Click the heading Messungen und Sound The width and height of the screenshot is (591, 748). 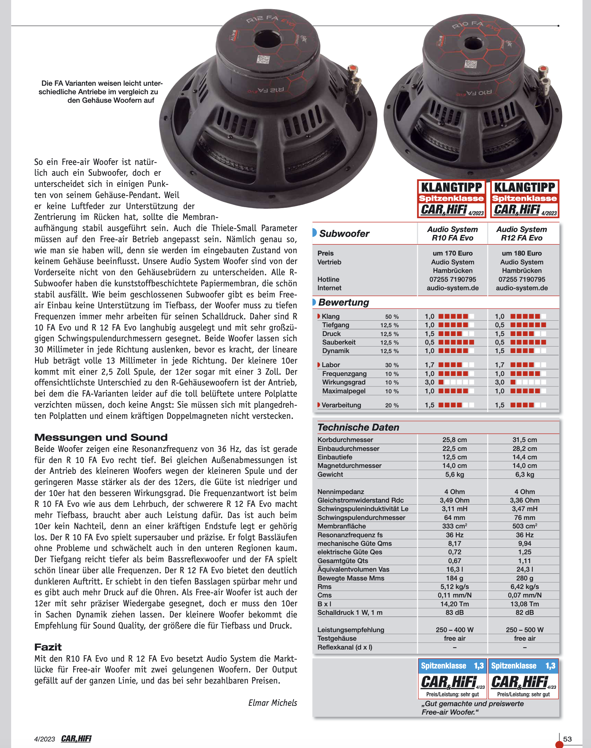coord(101,437)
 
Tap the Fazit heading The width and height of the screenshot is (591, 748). coord(48,647)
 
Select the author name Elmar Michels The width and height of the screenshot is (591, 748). coord(272,703)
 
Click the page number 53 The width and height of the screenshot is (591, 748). coord(567,739)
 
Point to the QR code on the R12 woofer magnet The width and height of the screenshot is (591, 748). coord(263,60)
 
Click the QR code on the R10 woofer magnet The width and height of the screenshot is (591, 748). coord(471,64)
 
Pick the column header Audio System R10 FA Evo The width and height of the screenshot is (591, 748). coord(452,234)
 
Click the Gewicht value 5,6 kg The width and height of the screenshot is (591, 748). coord(454,474)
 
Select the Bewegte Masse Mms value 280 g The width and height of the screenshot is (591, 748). coord(525,578)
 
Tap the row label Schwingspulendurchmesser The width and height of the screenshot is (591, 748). coord(361,518)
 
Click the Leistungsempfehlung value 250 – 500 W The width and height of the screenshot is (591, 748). coord(525,630)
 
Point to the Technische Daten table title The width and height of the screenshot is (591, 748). coord(358,427)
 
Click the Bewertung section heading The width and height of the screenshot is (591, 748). coord(344,302)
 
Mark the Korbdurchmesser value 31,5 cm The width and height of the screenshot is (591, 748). coord(525,440)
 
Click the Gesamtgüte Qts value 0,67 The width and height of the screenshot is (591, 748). coord(454,561)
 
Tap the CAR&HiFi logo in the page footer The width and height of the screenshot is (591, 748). coord(76,739)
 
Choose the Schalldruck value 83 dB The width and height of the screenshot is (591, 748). coord(454,613)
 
